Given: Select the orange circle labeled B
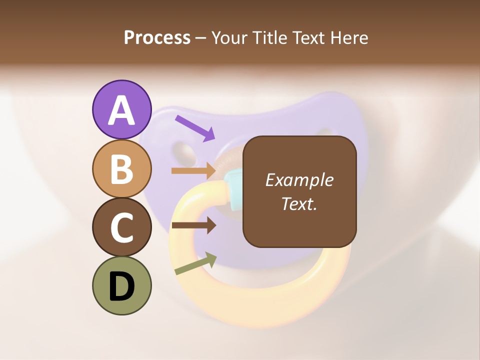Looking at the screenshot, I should (121, 168).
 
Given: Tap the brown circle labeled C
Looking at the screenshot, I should (121, 227).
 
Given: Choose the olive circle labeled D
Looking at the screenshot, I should (121, 285).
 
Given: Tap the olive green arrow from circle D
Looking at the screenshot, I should (195, 264).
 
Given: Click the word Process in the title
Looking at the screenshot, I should (157, 37).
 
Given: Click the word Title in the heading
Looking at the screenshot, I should (267, 37).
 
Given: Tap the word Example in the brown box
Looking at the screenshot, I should (299, 180).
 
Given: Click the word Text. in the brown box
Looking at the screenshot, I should (299, 203).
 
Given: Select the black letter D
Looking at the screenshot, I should (121, 286).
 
